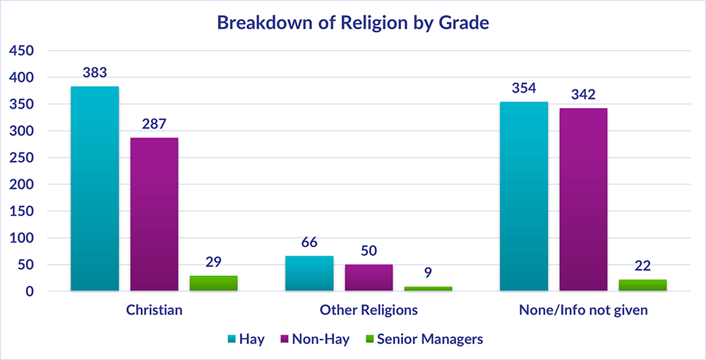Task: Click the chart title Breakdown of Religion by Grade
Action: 352,23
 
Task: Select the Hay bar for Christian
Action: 95,188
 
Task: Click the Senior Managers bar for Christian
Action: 213,283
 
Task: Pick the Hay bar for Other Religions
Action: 309,273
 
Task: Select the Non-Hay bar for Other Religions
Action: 369,277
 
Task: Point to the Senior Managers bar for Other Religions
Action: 428,289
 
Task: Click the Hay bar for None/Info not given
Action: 524,196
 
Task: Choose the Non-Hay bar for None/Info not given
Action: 583,199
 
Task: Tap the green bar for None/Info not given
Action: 642,285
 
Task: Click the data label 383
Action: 95,73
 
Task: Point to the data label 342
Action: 583,95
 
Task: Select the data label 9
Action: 428,272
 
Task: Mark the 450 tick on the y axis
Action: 21,51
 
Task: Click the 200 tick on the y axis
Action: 21,185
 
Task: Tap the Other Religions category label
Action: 369,310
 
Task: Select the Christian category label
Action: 154,310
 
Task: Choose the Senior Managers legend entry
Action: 422,340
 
